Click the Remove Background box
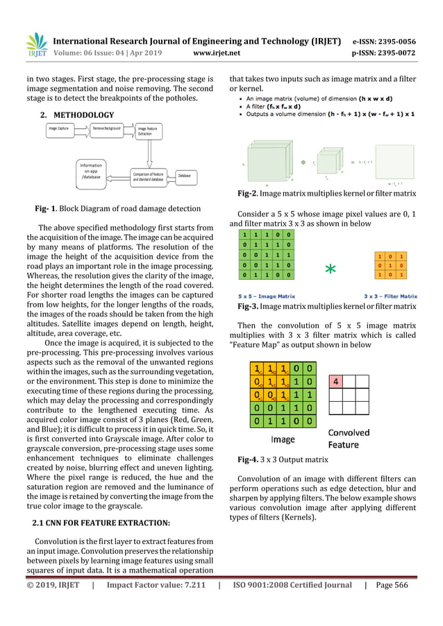tap(108, 129)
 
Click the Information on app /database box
tap(91, 171)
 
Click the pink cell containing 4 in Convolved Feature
tap(336, 381)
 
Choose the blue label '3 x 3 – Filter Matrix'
tap(390, 296)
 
